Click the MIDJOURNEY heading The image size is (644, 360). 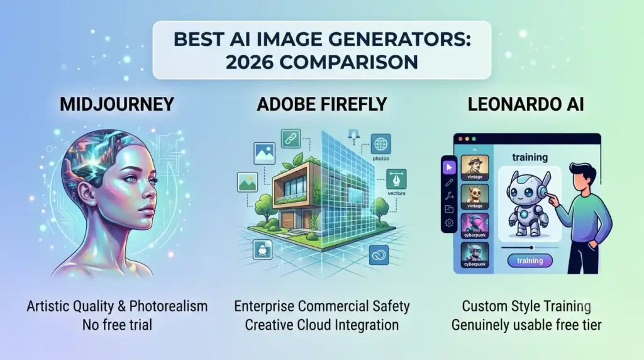[116, 104]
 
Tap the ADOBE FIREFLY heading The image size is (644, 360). [321, 104]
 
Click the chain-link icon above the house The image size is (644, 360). [291, 139]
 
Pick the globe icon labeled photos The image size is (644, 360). [380, 144]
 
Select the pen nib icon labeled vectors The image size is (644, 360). [396, 179]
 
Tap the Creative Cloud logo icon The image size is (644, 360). [379, 255]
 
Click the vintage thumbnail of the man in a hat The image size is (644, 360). [475, 167]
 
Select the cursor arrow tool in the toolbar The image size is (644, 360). [449, 167]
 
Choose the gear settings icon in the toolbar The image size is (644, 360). [449, 223]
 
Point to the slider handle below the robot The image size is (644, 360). [531, 247]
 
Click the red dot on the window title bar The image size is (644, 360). [460, 139]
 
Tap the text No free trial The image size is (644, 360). [117, 325]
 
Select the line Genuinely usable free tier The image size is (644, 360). [526, 325]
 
